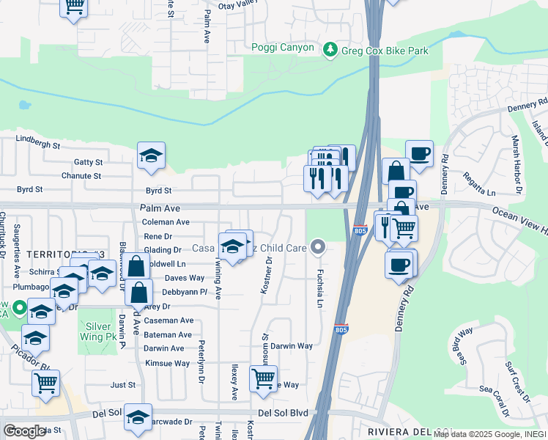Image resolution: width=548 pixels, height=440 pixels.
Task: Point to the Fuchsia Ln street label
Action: [319, 287]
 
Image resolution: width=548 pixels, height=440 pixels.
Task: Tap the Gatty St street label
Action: [88, 162]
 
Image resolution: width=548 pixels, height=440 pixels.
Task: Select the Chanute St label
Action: [81, 176]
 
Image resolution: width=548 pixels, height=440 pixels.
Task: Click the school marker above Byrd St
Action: [152, 155]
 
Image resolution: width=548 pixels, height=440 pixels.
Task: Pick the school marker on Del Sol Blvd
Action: [138, 417]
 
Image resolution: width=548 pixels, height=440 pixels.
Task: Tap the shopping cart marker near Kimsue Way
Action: [264, 378]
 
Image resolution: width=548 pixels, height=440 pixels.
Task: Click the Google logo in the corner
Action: [24, 431]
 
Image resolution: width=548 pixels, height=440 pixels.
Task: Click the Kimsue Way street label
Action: [167, 363]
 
